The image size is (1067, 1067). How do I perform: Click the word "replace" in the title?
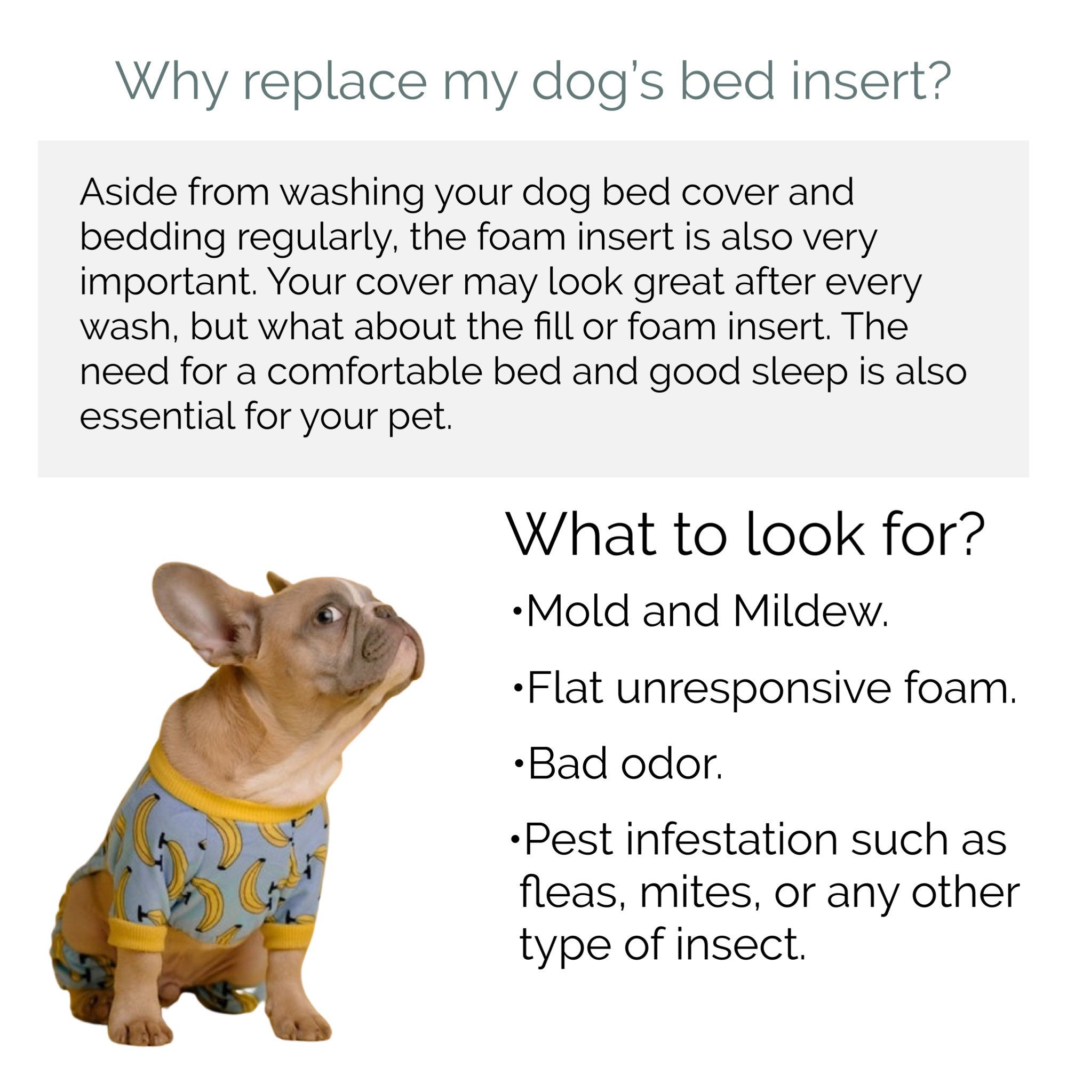(335, 82)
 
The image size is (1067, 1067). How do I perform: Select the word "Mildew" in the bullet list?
(809, 611)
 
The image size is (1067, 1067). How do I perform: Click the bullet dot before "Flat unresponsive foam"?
(517, 688)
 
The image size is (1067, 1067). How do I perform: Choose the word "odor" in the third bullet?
(671, 764)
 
